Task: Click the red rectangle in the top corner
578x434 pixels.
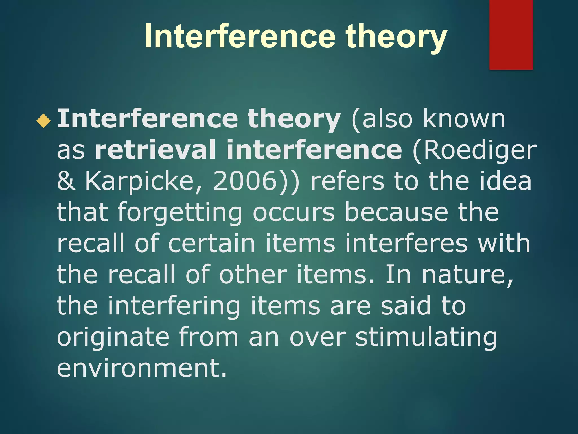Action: click(511, 34)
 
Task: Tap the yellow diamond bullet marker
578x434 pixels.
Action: click(43, 121)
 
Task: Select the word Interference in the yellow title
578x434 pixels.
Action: click(240, 37)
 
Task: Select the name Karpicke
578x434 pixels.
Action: click(143, 181)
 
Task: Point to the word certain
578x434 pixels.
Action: click(212, 243)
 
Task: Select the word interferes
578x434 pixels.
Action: click(406, 243)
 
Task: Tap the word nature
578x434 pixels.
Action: click(467, 275)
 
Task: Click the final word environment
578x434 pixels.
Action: click(142, 368)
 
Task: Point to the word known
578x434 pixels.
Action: click(464, 119)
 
